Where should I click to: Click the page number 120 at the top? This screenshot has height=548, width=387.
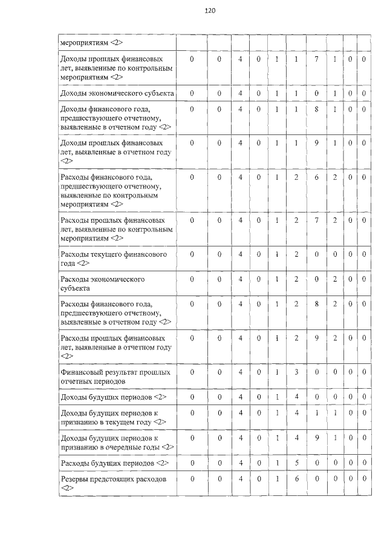tap(210, 10)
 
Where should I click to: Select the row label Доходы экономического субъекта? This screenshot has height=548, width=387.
tap(117, 93)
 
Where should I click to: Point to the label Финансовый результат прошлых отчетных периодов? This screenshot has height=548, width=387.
tap(115, 377)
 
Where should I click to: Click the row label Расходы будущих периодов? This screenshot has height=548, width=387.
tap(114, 463)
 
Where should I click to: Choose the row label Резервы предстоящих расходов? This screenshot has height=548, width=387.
tap(112, 483)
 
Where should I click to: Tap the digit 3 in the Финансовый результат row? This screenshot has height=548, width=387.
tap(296, 372)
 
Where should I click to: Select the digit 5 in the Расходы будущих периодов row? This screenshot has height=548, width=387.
tap(296, 463)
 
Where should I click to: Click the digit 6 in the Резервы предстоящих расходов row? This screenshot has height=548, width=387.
tap(296, 479)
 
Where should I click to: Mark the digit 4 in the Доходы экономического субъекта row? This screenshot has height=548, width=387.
tap(240, 93)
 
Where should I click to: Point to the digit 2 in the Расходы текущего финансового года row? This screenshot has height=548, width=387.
tap(296, 254)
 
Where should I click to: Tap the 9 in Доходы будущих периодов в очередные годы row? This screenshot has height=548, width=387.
tap(316, 437)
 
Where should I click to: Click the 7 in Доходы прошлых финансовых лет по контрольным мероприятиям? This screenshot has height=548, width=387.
tap(316, 59)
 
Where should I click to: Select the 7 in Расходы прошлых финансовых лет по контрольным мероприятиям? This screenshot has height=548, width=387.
tap(316, 220)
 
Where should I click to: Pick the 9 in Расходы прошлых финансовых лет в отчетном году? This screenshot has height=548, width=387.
tap(316, 338)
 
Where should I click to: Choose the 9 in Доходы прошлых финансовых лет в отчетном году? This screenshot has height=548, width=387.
tap(316, 143)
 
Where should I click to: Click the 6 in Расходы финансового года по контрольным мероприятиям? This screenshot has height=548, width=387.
tap(316, 177)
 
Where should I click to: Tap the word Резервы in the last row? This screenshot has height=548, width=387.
tap(76, 479)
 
